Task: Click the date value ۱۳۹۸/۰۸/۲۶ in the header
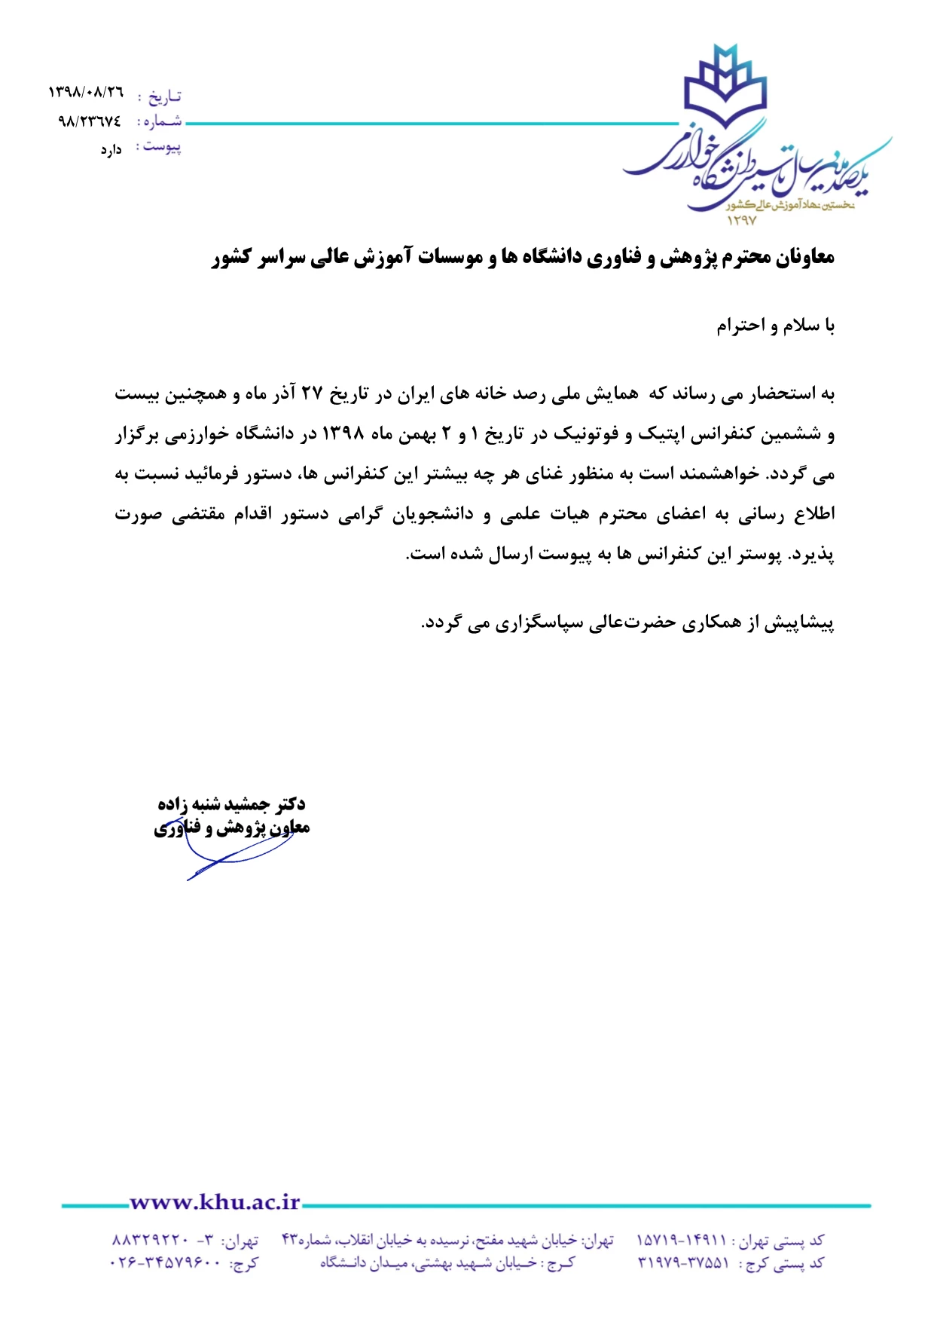click(85, 93)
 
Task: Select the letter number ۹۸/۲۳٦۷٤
click(89, 121)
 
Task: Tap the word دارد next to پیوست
click(111, 150)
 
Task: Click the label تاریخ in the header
click(164, 96)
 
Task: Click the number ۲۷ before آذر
click(312, 393)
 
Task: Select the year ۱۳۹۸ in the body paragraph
click(343, 434)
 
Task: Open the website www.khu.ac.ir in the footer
click(215, 1202)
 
